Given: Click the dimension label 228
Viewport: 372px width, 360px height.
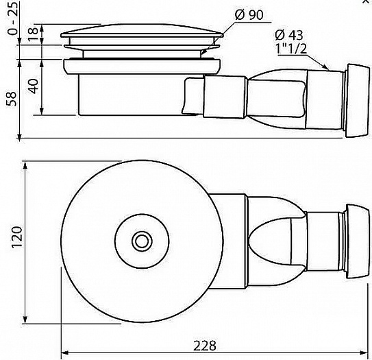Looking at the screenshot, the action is pos(205,346).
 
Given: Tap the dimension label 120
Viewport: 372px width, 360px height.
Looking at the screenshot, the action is pos(17,237).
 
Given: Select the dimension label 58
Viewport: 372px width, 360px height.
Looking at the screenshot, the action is pos(12,99).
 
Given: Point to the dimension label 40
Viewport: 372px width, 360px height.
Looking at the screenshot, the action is pos(32,86).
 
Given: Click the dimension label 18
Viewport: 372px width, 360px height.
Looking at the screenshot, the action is pos(32,34).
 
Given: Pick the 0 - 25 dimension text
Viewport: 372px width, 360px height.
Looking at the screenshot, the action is pos(12,18).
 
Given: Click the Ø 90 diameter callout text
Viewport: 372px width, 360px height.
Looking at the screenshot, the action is pos(249,15).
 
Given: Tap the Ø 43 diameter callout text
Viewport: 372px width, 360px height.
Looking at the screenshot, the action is pos(289,35).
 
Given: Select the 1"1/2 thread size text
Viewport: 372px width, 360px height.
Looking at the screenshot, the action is pos(291,48).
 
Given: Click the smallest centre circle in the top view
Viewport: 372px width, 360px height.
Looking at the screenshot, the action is pos(142,242).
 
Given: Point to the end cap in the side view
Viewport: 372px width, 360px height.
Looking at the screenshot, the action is pos(357,100).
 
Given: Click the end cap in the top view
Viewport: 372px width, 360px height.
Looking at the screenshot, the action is pos(357,241).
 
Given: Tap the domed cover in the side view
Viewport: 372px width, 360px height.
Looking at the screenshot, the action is pos(142,30).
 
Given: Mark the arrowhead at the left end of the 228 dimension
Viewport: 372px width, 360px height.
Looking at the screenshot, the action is pos(65,353).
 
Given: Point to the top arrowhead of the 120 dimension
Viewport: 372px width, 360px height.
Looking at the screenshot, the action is pos(25,165).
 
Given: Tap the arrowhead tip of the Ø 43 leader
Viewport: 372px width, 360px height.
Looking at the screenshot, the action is pos(329,69).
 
